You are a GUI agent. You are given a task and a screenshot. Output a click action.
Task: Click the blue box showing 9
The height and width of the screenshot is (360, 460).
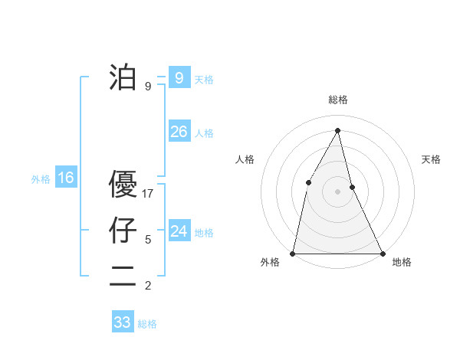(179, 78)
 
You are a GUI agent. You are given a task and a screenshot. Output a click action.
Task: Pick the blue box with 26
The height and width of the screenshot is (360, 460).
(179, 132)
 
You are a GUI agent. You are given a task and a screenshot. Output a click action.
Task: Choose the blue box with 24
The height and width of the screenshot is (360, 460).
(179, 231)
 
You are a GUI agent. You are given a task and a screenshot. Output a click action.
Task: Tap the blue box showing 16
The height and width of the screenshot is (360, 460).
(66, 178)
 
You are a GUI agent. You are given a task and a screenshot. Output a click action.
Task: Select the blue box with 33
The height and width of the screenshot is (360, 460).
(122, 322)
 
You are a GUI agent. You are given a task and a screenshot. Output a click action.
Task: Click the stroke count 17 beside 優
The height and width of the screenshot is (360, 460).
(148, 194)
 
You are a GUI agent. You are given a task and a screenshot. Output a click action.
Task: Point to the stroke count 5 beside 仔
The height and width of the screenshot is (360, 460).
(148, 240)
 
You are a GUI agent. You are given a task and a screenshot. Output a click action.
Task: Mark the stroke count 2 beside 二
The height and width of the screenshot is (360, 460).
(148, 286)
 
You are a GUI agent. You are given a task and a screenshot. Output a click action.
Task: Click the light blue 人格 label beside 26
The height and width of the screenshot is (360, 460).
(204, 133)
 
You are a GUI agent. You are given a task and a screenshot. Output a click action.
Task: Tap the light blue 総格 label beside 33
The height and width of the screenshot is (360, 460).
(147, 324)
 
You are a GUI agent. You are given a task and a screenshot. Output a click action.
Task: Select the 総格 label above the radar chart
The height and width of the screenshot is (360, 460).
(337, 100)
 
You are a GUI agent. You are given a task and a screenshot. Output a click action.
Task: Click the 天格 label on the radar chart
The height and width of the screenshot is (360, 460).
(431, 159)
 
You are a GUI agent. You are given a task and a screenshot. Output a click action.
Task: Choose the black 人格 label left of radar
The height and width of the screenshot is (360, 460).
(245, 159)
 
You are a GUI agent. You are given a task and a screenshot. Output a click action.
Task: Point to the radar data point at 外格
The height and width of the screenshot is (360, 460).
(294, 252)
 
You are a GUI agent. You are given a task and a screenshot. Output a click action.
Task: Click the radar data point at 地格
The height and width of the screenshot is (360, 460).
(382, 252)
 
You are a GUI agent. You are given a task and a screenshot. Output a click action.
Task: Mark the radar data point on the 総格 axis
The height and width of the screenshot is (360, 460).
(337, 130)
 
